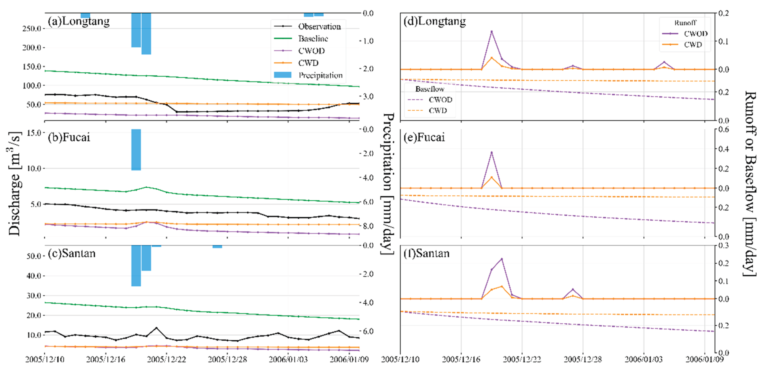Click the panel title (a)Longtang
point(79,21)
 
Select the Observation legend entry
point(319,26)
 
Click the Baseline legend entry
point(313,39)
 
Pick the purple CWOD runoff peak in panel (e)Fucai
point(491,152)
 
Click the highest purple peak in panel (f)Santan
point(502,259)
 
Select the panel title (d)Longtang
point(435,21)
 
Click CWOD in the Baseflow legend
point(440,100)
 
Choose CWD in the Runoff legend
point(693,44)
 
